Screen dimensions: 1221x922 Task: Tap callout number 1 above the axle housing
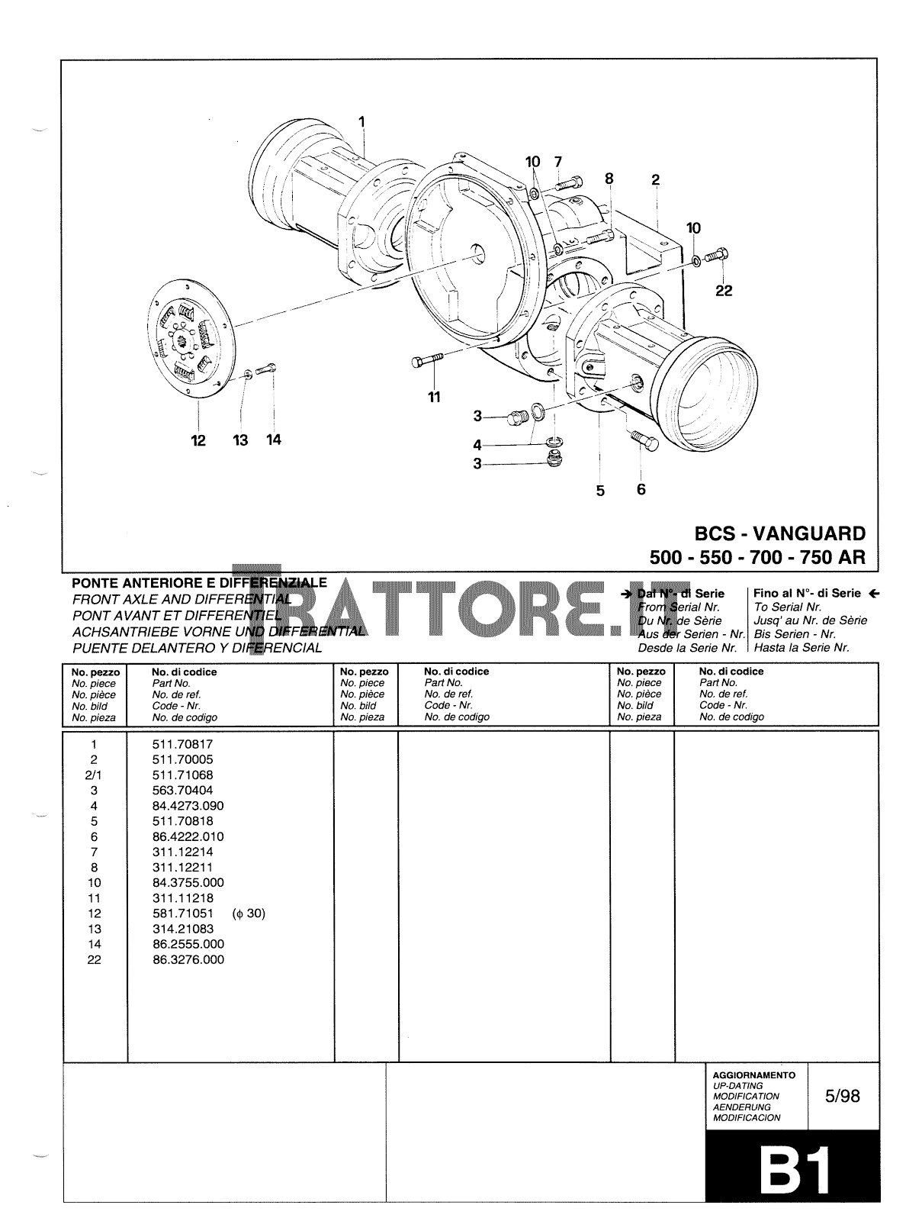click(361, 121)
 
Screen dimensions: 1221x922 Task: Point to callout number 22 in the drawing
click(723, 291)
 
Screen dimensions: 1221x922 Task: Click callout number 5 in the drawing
click(600, 491)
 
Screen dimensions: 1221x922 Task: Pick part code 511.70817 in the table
click(182, 744)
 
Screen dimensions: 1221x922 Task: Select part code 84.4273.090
click(188, 806)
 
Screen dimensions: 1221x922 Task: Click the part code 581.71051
click(182, 913)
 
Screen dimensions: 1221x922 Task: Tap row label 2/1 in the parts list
click(94, 775)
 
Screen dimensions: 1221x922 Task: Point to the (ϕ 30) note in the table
click(249, 913)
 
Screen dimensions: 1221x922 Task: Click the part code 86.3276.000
click(188, 960)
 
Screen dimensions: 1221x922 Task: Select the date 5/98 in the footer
click(842, 1096)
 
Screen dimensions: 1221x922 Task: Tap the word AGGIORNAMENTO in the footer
click(753, 1074)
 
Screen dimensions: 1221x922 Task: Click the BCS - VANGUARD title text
click(779, 533)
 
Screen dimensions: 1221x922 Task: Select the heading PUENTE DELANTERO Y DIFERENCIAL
click(197, 648)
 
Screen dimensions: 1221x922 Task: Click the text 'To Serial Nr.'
click(787, 607)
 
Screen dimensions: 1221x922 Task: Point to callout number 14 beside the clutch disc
click(273, 440)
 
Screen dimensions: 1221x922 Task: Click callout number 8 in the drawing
click(609, 179)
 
